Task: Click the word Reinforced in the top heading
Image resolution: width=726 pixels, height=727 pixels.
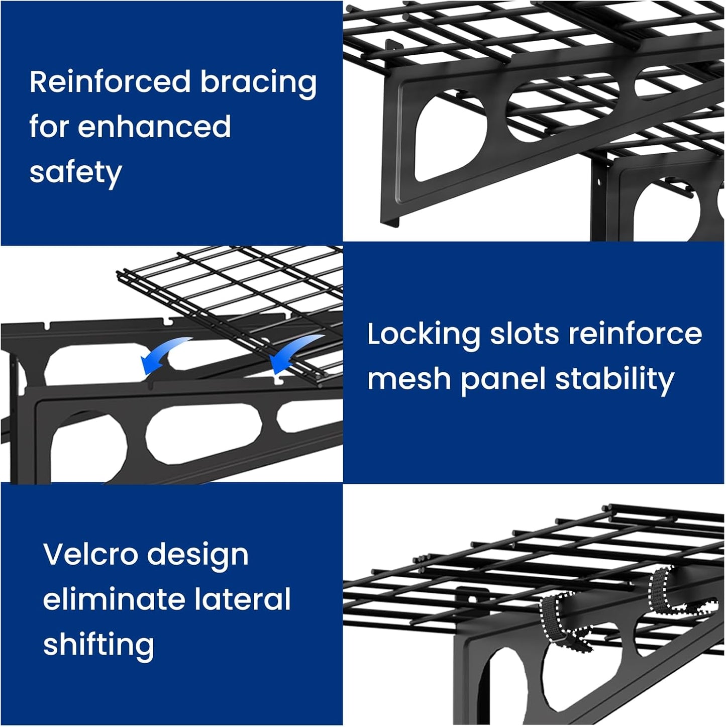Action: coord(110,82)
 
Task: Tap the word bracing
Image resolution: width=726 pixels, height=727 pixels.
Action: coord(258,83)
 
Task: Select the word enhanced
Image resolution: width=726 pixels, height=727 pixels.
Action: coord(154,127)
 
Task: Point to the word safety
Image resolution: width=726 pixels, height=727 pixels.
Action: coord(75,173)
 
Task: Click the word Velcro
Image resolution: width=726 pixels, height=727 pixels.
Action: coord(90,555)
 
